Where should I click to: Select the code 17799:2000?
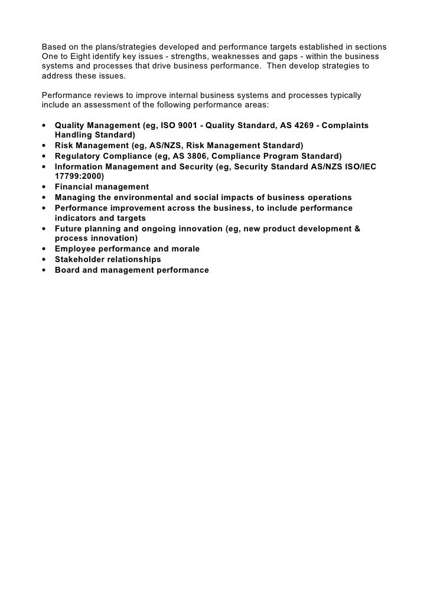point(79,176)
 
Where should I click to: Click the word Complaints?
point(347,126)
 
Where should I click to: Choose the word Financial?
point(74,187)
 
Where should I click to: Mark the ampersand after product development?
point(357,228)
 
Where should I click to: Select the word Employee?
point(74,249)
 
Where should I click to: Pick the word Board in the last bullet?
point(67,270)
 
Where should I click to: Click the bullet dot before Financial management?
point(45,187)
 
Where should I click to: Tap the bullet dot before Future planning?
point(45,228)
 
